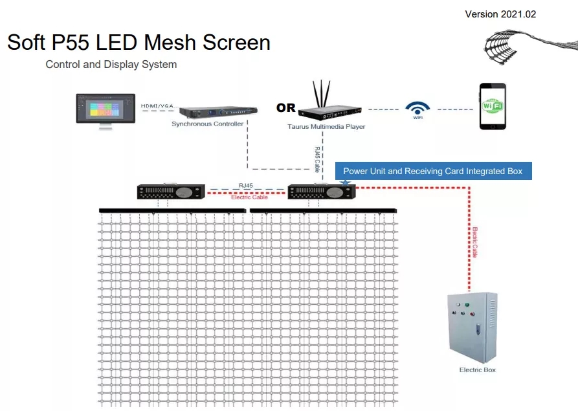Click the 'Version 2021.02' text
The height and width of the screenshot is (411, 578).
(500, 14)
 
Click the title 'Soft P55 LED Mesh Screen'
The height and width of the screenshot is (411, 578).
(139, 43)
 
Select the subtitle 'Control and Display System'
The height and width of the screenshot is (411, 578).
(111, 65)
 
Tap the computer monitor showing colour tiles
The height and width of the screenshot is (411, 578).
(105, 109)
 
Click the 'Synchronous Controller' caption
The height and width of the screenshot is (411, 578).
(208, 124)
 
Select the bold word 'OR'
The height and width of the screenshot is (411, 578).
(285, 108)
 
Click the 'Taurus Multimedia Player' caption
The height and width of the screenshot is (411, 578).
(326, 127)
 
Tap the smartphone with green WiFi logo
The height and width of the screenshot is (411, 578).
(493, 106)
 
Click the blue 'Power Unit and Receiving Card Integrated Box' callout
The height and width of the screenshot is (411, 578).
(433, 171)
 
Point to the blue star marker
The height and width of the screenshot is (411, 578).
(345, 184)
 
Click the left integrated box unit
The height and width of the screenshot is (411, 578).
(172, 192)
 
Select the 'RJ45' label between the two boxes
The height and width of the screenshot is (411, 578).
(246, 186)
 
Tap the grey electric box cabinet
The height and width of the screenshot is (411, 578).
(472, 328)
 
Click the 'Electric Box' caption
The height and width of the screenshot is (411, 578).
(478, 370)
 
